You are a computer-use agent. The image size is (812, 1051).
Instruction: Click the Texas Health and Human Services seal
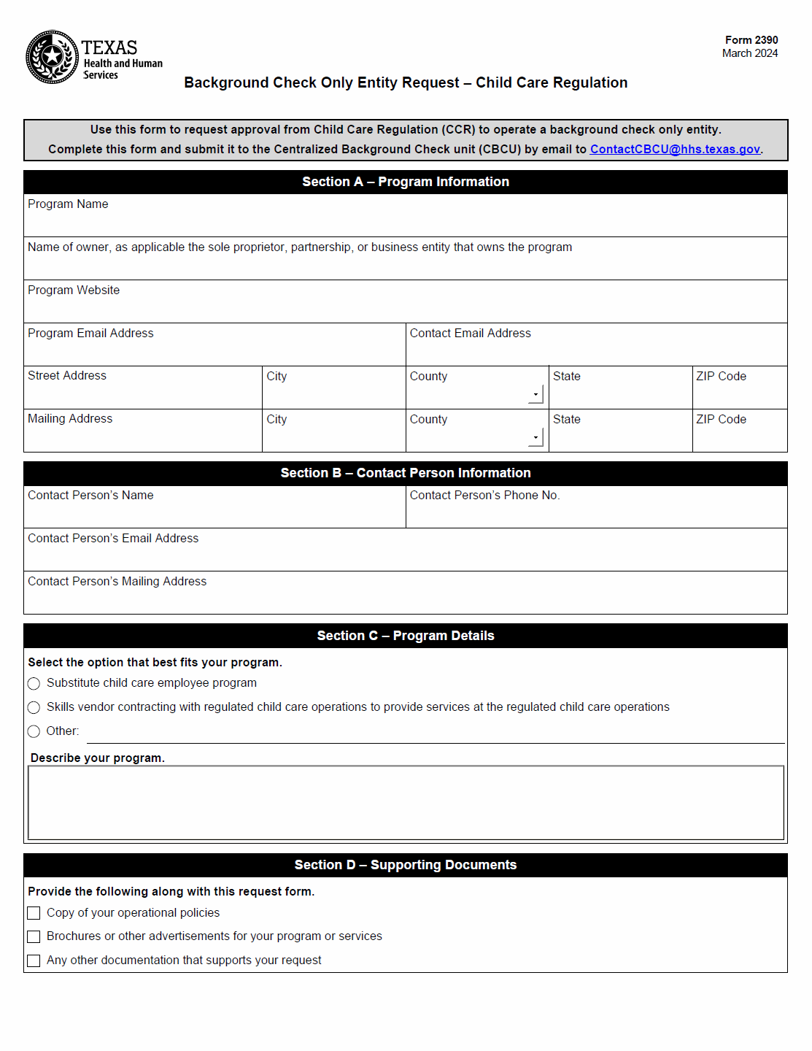(52, 57)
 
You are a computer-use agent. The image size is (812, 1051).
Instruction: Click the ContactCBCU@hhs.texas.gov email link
(675, 150)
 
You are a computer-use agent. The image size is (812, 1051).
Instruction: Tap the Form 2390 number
(751, 40)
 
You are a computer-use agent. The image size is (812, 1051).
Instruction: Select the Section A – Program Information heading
(406, 182)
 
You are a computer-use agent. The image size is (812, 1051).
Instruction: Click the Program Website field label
(74, 290)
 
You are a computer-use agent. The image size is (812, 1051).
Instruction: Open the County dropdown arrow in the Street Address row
(536, 394)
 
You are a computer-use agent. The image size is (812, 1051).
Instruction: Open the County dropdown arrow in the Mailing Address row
(536, 437)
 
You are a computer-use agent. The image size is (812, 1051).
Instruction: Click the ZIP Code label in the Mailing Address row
(721, 420)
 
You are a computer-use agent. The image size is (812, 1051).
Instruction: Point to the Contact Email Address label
(470, 334)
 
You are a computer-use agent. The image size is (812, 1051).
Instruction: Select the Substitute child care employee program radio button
(34, 684)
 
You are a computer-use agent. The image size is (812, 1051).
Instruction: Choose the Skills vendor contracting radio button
(34, 708)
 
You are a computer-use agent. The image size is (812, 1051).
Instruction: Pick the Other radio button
(34, 731)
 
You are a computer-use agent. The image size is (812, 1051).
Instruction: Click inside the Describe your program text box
(406, 803)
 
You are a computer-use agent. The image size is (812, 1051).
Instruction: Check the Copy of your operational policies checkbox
(34, 913)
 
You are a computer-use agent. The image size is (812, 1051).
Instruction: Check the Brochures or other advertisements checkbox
(34, 936)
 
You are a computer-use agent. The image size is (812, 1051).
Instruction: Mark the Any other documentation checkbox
(34, 960)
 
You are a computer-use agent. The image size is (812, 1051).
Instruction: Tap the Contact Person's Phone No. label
(484, 496)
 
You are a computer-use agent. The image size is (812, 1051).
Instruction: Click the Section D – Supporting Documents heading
(406, 865)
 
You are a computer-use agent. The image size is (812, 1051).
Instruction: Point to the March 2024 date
(749, 53)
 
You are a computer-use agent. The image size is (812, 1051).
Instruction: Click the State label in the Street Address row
(566, 377)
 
